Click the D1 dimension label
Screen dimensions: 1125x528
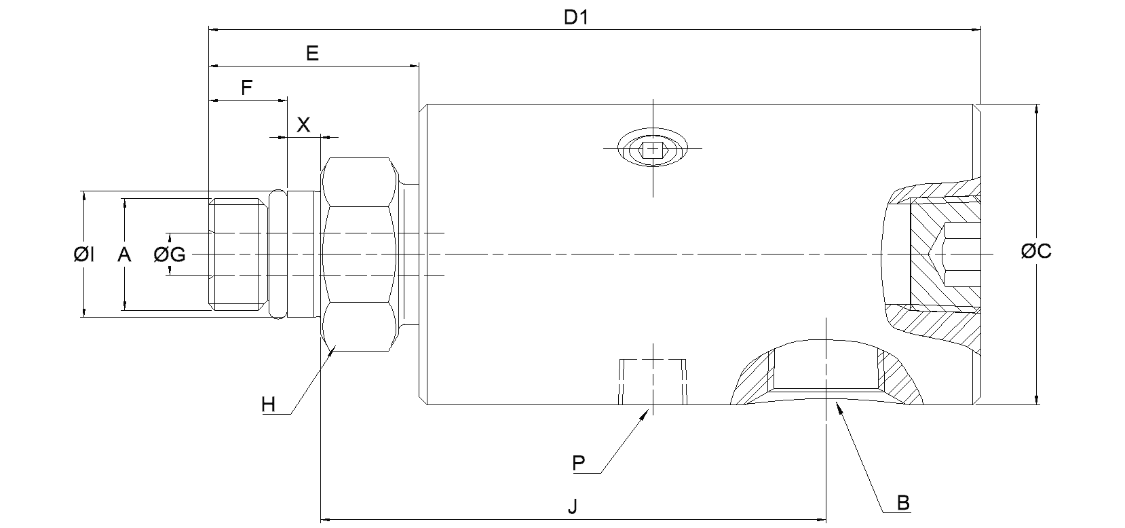[x=576, y=18]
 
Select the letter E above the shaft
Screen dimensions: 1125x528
[x=312, y=54]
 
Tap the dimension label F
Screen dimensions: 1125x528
[x=247, y=88]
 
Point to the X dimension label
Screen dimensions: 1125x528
[x=303, y=124]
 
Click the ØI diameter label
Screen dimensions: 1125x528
[x=84, y=254]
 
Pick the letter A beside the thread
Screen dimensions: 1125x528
[x=124, y=254]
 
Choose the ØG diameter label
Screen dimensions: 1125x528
[x=170, y=254]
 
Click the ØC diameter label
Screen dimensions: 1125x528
[x=1035, y=251]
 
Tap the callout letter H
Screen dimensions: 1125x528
[x=269, y=405]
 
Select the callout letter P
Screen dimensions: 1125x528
[x=578, y=464]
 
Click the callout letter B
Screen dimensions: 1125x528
[x=903, y=503]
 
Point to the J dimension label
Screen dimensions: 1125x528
[x=572, y=506]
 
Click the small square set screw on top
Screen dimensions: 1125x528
[x=653, y=149]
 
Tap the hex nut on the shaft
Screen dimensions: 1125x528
[x=359, y=254]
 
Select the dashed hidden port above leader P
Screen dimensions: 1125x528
[x=653, y=380]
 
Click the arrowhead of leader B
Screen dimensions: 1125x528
[x=839, y=406]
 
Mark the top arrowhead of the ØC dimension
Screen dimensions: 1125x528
[x=1036, y=109]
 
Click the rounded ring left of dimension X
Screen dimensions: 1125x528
[x=278, y=254]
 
